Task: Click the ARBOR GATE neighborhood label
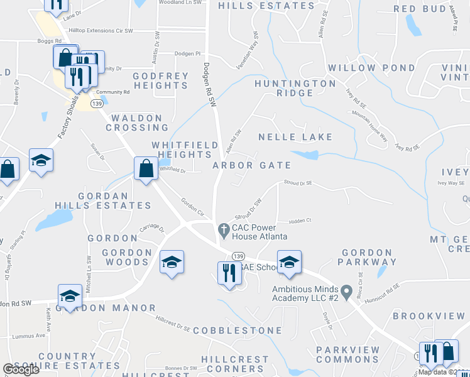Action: [x=251, y=165]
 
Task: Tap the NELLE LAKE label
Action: [x=295, y=137]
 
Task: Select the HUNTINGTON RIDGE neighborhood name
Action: [x=295, y=88]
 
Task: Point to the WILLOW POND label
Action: [x=371, y=68]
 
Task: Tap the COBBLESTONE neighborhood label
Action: [x=238, y=330]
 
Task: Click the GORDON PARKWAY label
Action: [x=369, y=256]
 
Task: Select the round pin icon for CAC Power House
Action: [x=222, y=228]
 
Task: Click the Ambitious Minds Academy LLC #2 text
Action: [x=305, y=292]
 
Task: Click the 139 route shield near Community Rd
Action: [x=96, y=103]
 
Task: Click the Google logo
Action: [x=21, y=369]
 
